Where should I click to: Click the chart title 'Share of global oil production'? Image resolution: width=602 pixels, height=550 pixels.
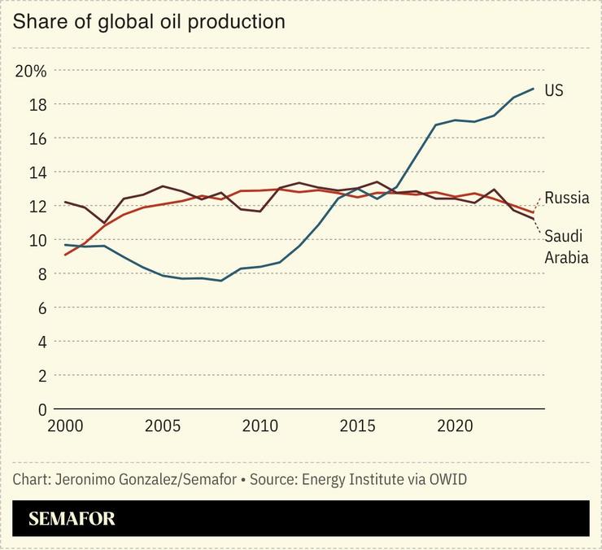[x=149, y=22]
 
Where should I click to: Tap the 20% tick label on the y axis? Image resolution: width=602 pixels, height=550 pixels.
[x=31, y=71]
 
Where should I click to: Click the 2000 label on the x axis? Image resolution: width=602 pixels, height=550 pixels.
[x=65, y=426]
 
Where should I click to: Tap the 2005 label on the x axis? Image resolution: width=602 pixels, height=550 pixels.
[x=163, y=426]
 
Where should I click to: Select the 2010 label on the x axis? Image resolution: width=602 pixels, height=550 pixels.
[x=260, y=426]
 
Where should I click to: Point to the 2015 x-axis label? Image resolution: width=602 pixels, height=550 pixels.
[x=358, y=426]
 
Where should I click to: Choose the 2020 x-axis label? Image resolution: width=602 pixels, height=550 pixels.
[x=456, y=426]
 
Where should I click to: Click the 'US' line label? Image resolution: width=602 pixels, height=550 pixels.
[x=554, y=90]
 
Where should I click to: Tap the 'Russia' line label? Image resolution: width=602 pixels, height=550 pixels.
[x=567, y=198]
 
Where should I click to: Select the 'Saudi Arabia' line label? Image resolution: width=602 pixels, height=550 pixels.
[x=566, y=247]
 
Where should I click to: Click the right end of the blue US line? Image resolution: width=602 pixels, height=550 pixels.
[x=534, y=89]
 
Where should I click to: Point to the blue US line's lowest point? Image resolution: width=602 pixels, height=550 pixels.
[x=221, y=281]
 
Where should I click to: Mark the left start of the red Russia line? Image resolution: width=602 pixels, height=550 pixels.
[x=65, y=255]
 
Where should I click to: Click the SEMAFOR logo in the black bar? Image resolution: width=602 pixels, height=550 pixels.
[x=72, y=519]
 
